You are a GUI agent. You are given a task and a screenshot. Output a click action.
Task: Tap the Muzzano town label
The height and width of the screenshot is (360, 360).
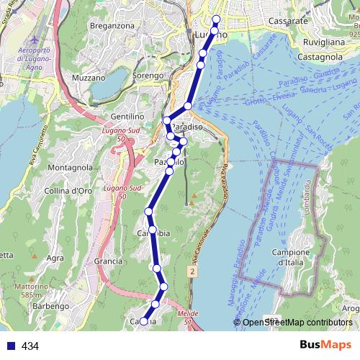tap(89, 77)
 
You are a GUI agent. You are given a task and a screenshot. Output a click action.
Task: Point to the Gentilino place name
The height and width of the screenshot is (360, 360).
tap(128, 116)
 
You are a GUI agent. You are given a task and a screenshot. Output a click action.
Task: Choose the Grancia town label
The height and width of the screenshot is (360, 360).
tap(108, 261)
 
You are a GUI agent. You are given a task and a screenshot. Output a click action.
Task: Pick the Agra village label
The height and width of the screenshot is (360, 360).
tap(55, 258)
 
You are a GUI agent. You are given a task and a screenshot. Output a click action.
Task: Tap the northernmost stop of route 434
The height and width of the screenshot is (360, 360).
tap(217, 19)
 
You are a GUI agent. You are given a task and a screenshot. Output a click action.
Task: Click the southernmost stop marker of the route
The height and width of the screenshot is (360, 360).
tap(143, 321)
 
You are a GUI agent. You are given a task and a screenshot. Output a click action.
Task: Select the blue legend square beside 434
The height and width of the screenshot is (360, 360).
tap(9, 346)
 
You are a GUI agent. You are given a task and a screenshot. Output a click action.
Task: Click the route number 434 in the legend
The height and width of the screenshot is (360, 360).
tap(30, 346)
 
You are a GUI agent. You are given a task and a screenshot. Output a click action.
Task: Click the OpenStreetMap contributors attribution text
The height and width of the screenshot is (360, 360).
tap(297, 323)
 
